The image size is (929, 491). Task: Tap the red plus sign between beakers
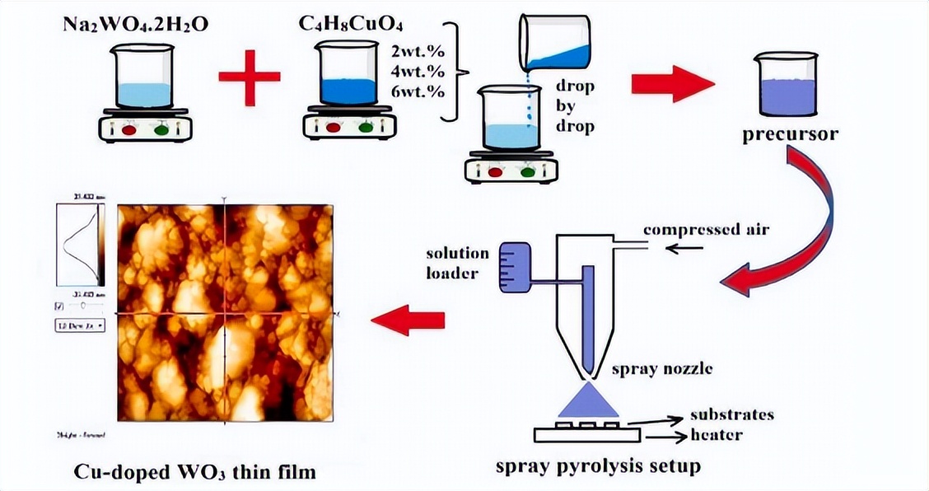pyautogui.click(x=250, y=77)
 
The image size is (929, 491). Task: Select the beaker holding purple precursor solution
pyautogui.click(x=787, y=86)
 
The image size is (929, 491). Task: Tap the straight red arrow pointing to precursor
pyautogui.click(x=672, y=83)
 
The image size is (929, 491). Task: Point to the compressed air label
pyautogui.click(x=706, y=229)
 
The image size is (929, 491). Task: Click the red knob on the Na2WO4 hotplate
pyautogui.click(x=129, y=129)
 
